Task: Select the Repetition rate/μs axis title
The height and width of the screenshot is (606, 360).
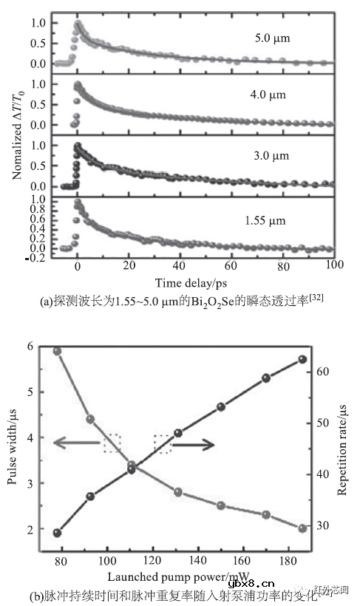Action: [342, 444]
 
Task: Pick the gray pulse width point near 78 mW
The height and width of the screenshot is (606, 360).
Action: [57, 350]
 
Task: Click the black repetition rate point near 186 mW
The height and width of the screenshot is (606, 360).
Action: [302, 359]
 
